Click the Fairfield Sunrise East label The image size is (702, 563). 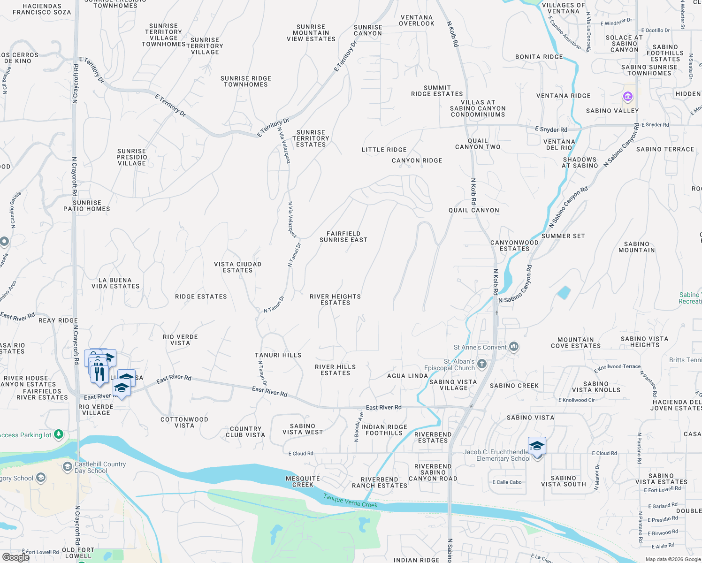pos(343,236)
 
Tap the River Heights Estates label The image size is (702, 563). pos(335,299)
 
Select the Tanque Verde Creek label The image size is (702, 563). pos(351,501)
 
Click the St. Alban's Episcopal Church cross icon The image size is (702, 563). pos(481,364)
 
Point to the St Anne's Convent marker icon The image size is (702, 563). pos(514,347)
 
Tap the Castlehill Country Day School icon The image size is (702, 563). pos(68,467)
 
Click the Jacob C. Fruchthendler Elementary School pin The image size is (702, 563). pos(537,447)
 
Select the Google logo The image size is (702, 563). pos(15,557)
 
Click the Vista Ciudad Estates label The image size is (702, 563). pos(237,267)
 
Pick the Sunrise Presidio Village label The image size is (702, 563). pos(132,157)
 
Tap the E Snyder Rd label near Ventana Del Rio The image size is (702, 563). pos(551,129)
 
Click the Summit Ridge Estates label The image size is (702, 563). pos(437,91)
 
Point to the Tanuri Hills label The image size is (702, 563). pos(278,355)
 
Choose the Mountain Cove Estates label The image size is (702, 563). pos(576,342)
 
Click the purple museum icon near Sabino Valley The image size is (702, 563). pos(628,97)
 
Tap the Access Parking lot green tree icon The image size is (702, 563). pos(59,434)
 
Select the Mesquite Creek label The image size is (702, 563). pos(303,481)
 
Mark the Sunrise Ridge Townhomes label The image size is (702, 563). pos(245,81)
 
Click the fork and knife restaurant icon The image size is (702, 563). pos(99,373)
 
